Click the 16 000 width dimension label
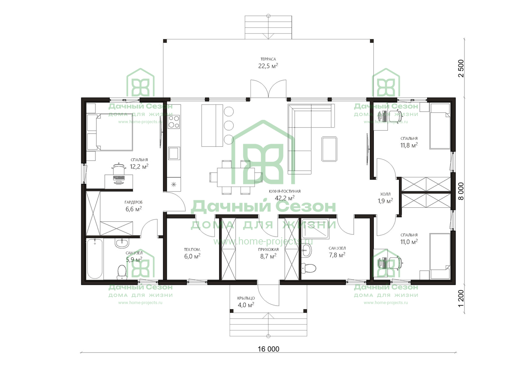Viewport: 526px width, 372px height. tap(268, 349)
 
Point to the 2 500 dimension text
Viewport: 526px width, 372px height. tap(461, 68)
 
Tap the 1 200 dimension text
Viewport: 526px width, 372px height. tap(461, 298)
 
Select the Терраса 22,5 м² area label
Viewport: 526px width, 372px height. tap(268, 63)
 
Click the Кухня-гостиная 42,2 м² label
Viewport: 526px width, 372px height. tap(285, 195)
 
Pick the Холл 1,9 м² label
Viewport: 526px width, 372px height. tap(385, 198)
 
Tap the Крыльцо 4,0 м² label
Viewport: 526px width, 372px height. tap(246, 302)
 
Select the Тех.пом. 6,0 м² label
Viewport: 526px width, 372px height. tap(192, 253)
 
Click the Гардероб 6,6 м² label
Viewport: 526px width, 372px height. tap(133, 206)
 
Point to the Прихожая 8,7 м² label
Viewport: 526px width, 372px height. tap(268, 253)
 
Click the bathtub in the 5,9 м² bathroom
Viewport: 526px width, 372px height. tap(95, 259)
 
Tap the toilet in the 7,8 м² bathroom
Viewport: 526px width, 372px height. tap(309, 268)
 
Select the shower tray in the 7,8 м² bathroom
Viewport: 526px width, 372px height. tap(315, 229)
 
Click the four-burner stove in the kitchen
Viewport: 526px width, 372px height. tap(174, 122)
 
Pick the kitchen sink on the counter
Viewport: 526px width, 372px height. tap(174, 153)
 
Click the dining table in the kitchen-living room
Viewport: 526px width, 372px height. tap(236, 177)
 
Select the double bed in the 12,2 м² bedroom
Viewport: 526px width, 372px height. tap(110, 132)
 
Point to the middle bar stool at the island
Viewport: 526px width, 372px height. tap(228, 126)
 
